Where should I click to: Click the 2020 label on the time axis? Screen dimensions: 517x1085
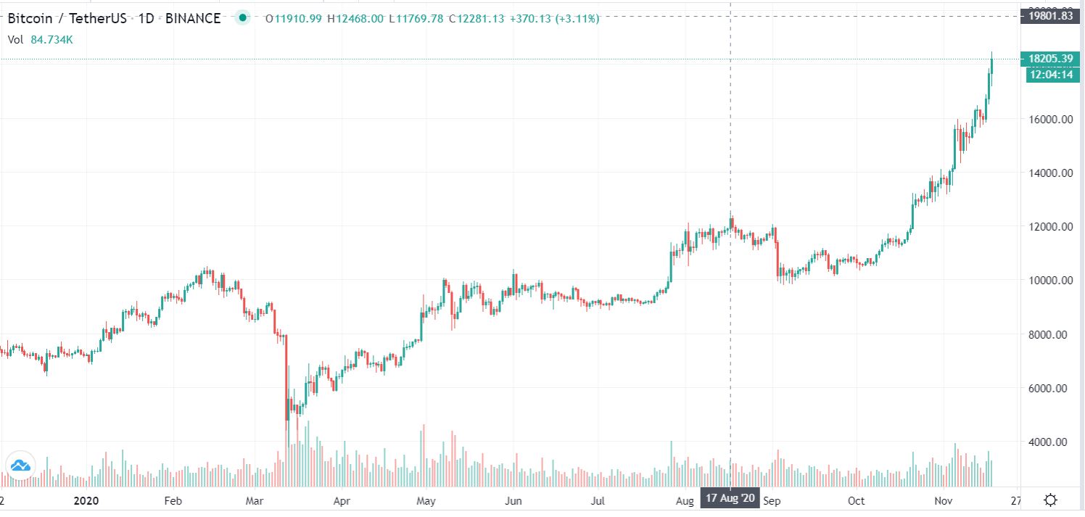tap(86, 501)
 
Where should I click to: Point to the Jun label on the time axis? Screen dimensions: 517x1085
tap(513, 501)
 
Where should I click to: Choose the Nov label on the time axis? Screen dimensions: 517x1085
tap(944, 501)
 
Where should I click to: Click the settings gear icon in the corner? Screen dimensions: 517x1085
tap(1050, 500)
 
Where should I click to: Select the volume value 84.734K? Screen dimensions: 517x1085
tap(51, 40)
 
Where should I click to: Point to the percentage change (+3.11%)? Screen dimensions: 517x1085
tap(577, 19)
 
